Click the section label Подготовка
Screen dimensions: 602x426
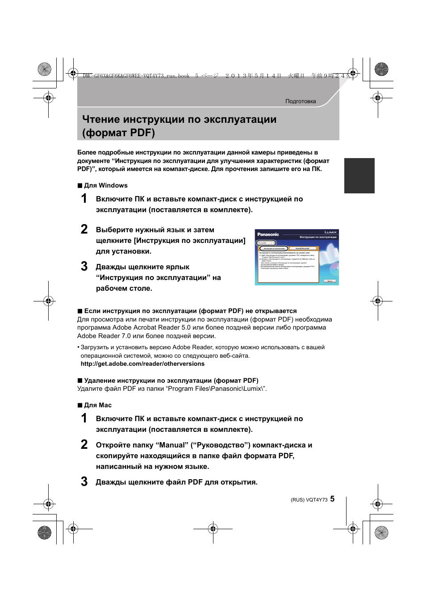click(301, 101)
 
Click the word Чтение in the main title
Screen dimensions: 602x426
click(101, 120)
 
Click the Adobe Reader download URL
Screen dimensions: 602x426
click(142, 364)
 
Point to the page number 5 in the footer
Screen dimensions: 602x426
click(332, 499)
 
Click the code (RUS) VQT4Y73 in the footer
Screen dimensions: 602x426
click(309, 500)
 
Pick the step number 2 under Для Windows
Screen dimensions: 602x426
click(84, 229)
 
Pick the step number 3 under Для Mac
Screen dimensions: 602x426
click(84, 481)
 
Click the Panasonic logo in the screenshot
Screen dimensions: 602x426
click(268, 234)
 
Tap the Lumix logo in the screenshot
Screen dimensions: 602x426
click(330, 232)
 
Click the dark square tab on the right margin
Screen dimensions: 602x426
click(359, 176)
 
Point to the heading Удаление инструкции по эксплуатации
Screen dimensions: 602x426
click(171, 380)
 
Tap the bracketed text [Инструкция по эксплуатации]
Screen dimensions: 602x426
click(189, 240)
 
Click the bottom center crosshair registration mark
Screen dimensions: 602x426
click(213, 529)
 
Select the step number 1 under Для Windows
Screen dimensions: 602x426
click(84, 198)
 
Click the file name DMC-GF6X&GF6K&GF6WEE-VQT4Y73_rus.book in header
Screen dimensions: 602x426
click(136, 76)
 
